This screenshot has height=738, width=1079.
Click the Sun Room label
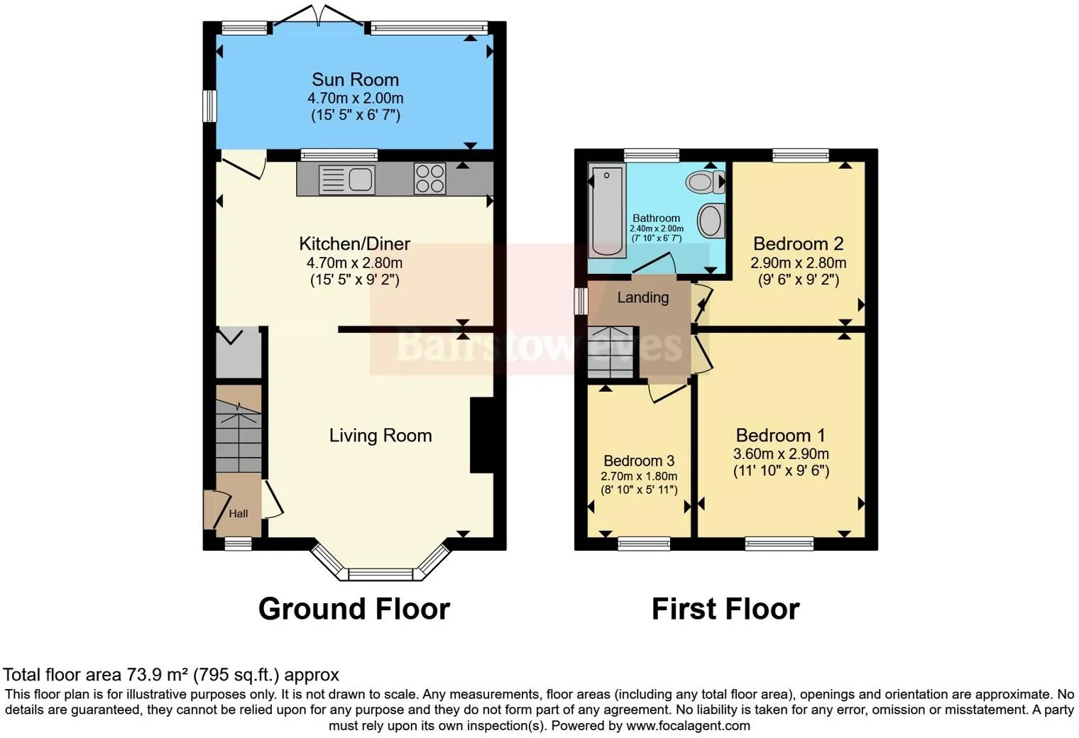pyautogui.click(x=355, y=79)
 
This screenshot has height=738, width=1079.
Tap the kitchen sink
pyautogui.click(x=346, y=179)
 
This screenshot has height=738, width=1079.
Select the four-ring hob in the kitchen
pyautogui.click(x=429, y=178)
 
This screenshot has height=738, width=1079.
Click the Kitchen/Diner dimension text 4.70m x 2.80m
pyautogui.click(x=354, y=263)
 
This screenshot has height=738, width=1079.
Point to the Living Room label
pyautogui.click(x=380, y=435)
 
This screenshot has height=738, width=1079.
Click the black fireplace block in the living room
pyautogui.click(x=481, y=435)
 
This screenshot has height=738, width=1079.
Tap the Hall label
pyautogui.click(x=239, y=513)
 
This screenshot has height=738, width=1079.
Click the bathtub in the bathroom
pyautogui.click(x=607, y=210)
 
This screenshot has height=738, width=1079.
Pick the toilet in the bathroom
pyautogui.click(x=705, y=182)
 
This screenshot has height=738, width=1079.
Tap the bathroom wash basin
pyautogui.click(x=710, y=220)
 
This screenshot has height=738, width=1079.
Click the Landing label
pyautogui.click(x=642, y=297)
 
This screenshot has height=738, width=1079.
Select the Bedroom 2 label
pyautogui.click(x=798, y=244)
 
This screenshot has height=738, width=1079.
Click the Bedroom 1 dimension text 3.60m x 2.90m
pyautogui.click(x=781, y=453)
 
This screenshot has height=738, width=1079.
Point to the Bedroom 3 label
pyautogui.click(x=639, y=461)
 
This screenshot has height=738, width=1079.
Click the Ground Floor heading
pyautogui.click(x=354, y=609)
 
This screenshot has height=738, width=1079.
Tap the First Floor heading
pyautogui.click(x=725, y=609)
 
